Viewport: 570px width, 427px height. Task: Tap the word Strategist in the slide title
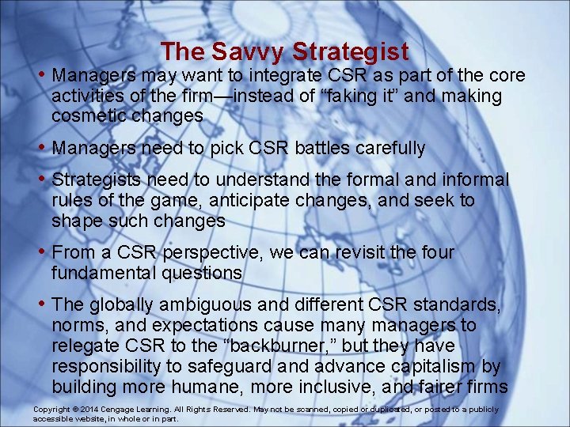point(350,52)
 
